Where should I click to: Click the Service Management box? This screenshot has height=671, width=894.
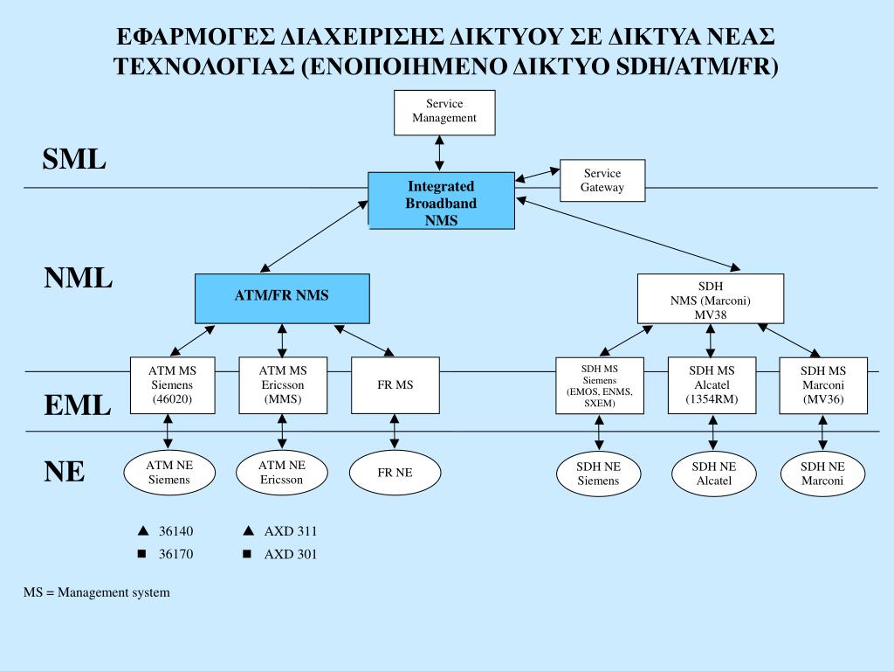444,111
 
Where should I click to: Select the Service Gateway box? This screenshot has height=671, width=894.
602,181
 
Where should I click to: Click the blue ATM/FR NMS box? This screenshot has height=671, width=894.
281,297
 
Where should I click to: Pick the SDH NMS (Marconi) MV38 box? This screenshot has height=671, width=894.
710,300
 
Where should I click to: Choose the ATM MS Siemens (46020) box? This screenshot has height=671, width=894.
171,385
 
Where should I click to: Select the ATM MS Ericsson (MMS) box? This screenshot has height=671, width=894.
282,385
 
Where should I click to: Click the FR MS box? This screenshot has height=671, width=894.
395,385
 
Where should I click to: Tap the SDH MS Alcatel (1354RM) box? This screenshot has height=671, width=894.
712,385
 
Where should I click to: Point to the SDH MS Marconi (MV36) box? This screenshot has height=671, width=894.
823,385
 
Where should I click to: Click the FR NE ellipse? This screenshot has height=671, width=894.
395,473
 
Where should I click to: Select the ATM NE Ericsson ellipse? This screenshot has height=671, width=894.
281,473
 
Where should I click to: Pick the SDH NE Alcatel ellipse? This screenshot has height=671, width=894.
712,474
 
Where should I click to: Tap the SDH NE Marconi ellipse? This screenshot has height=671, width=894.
822,474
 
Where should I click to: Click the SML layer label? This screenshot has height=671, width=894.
74,160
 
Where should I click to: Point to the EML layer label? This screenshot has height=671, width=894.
78,406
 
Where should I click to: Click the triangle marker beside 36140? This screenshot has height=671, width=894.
141,530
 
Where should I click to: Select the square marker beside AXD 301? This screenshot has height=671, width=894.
247,554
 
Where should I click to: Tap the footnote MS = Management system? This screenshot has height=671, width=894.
97,592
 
